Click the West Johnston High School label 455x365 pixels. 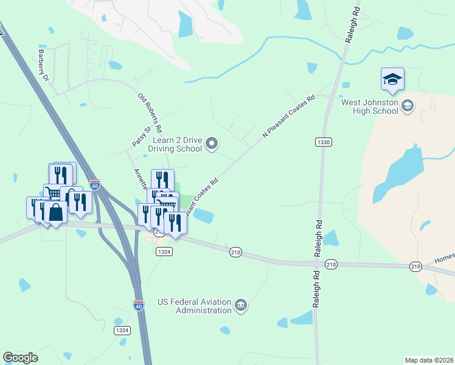coord(369,106)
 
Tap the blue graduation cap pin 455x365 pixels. coord(392,80)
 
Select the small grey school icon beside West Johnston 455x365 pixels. coord(408,106)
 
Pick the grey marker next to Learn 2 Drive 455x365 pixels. coord(212,144)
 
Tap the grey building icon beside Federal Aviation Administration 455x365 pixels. coord(241,305)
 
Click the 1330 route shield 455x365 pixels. coord(324,142)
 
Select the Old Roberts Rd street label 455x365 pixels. coord(150,113)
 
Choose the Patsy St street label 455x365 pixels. coord(141,136)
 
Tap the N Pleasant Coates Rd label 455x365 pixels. coord(288,116)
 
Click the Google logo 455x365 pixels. coord(20,358)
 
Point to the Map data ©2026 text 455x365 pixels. coord(428,360)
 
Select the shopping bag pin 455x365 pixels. coord(55,214)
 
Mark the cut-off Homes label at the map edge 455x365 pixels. coord(445,259)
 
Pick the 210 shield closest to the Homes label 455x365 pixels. coord(415,266)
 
